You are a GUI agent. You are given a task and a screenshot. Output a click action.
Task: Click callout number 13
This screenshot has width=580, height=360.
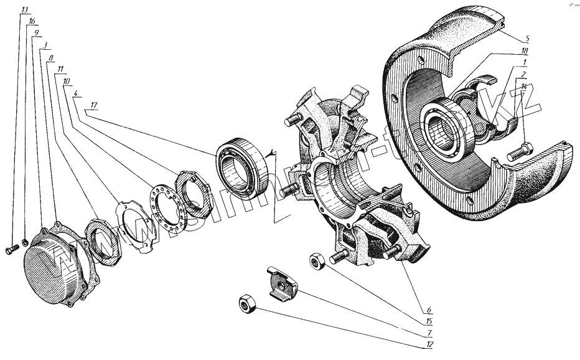tap(24, 9)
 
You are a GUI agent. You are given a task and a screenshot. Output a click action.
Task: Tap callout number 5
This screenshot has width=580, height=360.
tap(526, 39)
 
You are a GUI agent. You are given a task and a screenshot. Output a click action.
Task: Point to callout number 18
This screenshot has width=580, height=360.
tap(525, 50)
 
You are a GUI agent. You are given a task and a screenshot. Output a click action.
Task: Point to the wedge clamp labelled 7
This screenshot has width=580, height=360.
tap(281, 285)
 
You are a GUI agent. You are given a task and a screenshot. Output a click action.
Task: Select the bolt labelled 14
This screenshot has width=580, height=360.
tap(520, 151)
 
